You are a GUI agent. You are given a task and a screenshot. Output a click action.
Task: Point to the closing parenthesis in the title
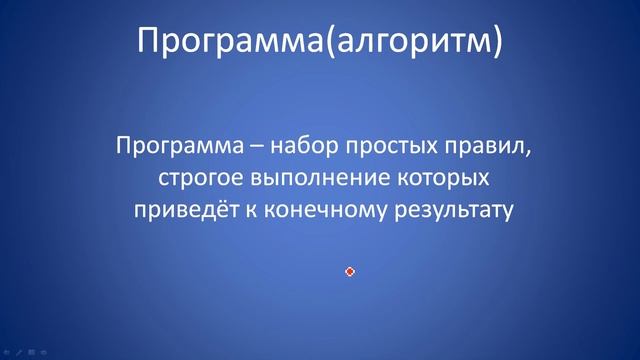(497, 41)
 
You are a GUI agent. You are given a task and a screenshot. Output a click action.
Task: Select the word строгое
(198, 180)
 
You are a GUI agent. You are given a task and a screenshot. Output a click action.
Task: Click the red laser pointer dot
(350, 271)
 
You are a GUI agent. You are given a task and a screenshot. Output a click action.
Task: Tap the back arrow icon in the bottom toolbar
(7, 353)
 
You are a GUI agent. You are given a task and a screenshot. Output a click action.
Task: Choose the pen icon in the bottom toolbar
(18, 353)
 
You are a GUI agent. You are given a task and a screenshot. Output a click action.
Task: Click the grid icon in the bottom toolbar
(30, 353)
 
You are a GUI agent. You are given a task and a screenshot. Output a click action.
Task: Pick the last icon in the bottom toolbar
(42, 353)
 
